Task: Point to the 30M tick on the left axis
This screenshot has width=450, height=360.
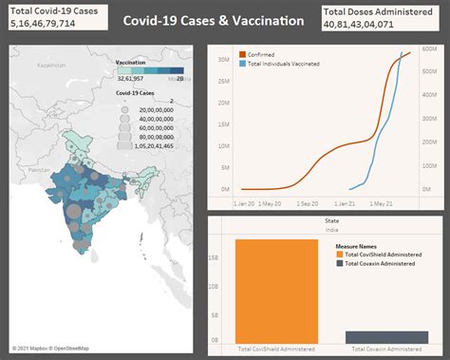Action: tap(224, 59)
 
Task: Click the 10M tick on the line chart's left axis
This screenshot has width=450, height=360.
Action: tap(224, 145)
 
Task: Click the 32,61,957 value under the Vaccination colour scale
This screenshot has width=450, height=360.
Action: tap(129, 79)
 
